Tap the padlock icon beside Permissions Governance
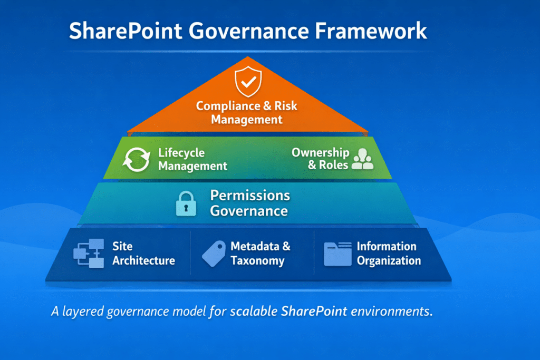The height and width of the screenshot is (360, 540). (x=185, y=204)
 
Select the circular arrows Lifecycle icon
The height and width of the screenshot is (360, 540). (x=136, y=160)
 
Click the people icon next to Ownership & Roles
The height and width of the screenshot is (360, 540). (x=362, y=159)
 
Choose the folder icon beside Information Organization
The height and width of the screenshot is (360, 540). (x=337, y=254)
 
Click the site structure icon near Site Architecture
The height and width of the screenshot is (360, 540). (x=89, y=254)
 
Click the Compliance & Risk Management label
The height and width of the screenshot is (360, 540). (x=247, y=112)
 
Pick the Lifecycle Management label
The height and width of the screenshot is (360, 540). (x=192, y=159)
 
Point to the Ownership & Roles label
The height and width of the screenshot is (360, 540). (x=320, y=158)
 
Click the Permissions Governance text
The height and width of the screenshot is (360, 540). (x=250, y=203)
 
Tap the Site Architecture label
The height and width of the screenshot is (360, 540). (x=143, y=253)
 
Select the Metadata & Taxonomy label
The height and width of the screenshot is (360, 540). (x=261, y=253)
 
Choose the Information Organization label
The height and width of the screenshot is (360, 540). (x=389, y=253)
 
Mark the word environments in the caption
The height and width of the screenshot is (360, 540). (x=391, y=311)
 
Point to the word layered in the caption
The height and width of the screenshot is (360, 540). (x=82, y=312)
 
